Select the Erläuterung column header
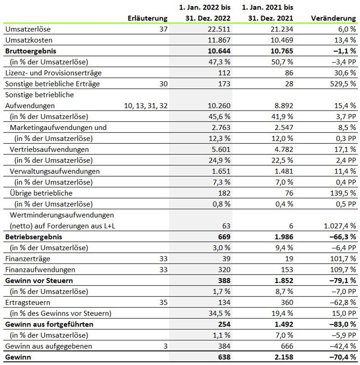click(x=148, y=18)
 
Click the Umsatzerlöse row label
click(x=28, y=29)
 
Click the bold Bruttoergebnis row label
click(x=30, y=51)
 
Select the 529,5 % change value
click(x=342, y=84)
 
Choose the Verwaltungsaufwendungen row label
click(x=55, y=171)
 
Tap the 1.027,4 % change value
click(x=340, y=226)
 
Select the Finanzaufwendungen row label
click(x=40, y=269)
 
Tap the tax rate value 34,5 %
click(x=220, y=313)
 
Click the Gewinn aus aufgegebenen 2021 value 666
click(x=286, y=346)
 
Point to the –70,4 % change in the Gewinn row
click(x=342, y=357)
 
